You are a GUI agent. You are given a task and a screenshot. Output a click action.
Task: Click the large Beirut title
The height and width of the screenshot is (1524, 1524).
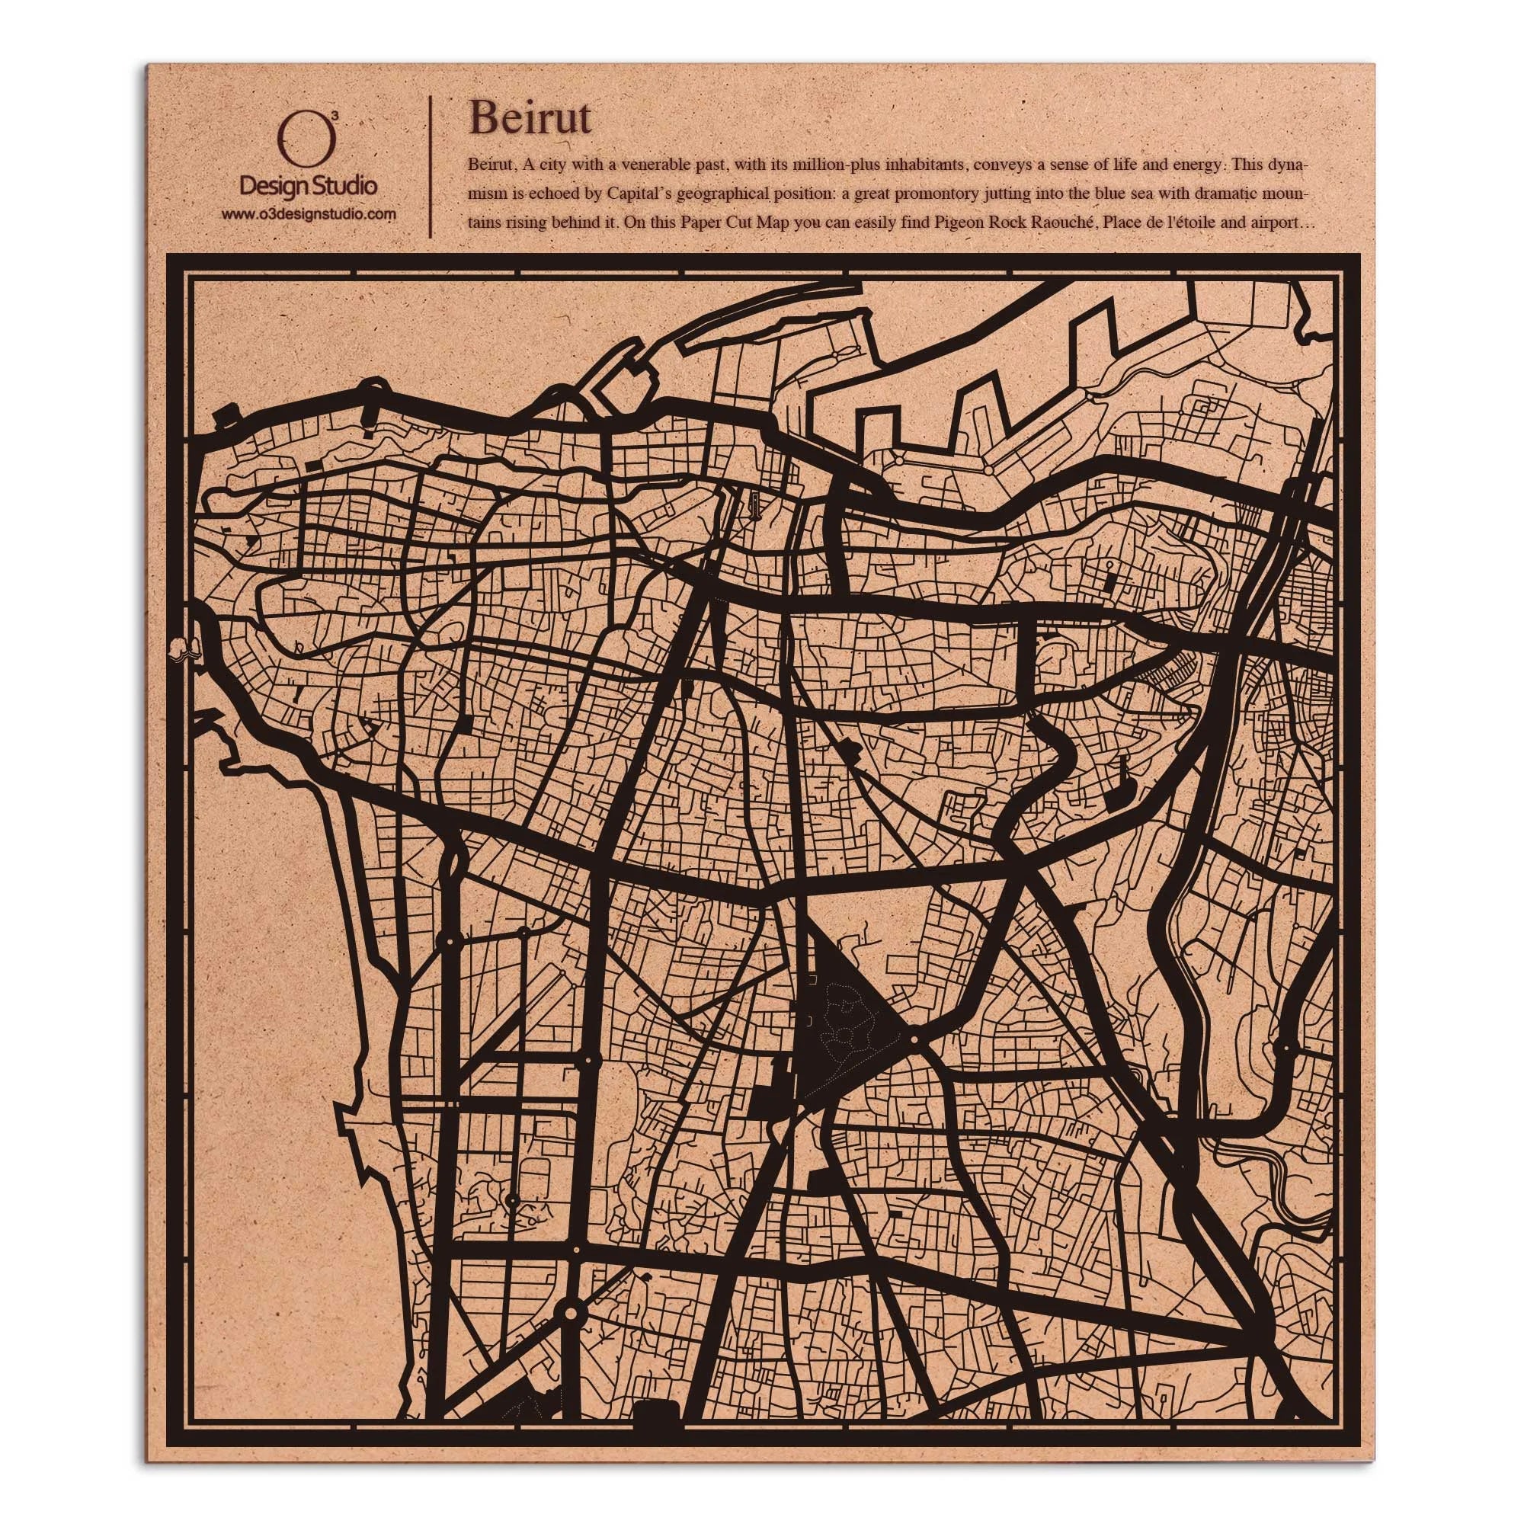coord(530,118)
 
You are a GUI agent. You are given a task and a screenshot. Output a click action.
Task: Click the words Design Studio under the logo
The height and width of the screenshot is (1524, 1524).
coord(308,186)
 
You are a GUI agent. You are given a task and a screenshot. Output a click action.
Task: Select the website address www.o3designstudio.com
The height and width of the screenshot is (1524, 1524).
coord(308,214)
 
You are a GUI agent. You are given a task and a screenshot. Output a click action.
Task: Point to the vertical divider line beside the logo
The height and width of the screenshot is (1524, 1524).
coord(430,166)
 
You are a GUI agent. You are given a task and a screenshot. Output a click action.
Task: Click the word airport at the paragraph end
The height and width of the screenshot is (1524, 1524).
coord(1275,223)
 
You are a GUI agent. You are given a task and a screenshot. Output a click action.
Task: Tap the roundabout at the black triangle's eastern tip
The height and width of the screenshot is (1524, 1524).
coord(914,1040)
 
